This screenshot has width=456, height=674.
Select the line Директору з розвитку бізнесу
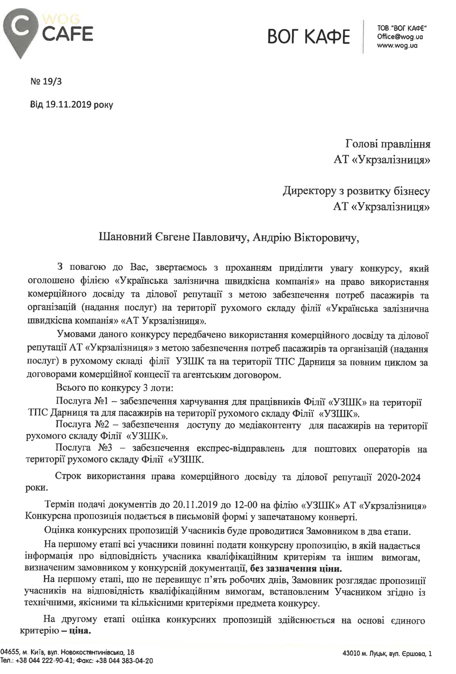[356, 191]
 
